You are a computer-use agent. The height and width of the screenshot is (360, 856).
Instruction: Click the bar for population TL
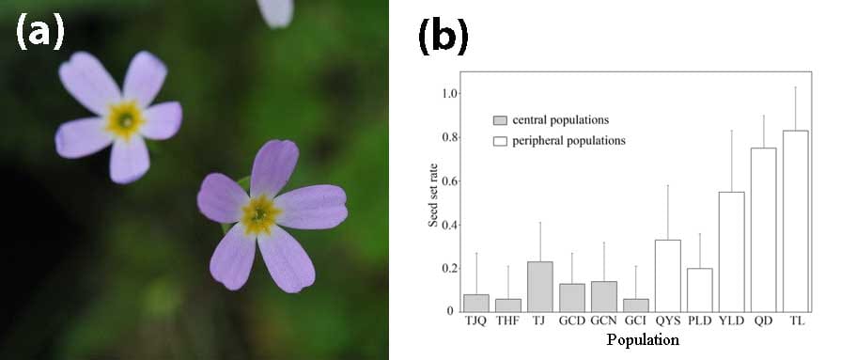pos(795,221)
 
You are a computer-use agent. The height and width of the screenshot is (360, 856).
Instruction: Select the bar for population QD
pos(763,229)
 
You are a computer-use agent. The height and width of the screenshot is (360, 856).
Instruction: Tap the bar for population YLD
pos(731,251)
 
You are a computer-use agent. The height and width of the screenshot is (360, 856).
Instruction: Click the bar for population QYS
pos(667,274)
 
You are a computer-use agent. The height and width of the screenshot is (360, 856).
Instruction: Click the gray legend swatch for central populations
pos(500,120)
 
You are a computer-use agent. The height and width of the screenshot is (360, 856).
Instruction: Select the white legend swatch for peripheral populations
pos(500,140)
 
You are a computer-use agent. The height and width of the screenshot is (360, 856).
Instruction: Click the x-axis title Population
pos(643,339)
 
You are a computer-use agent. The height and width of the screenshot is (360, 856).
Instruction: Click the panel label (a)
pos(39,33)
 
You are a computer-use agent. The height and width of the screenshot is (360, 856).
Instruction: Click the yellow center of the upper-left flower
pos(123,119)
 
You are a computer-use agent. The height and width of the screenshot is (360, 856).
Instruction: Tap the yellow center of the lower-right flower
pos(259,214)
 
